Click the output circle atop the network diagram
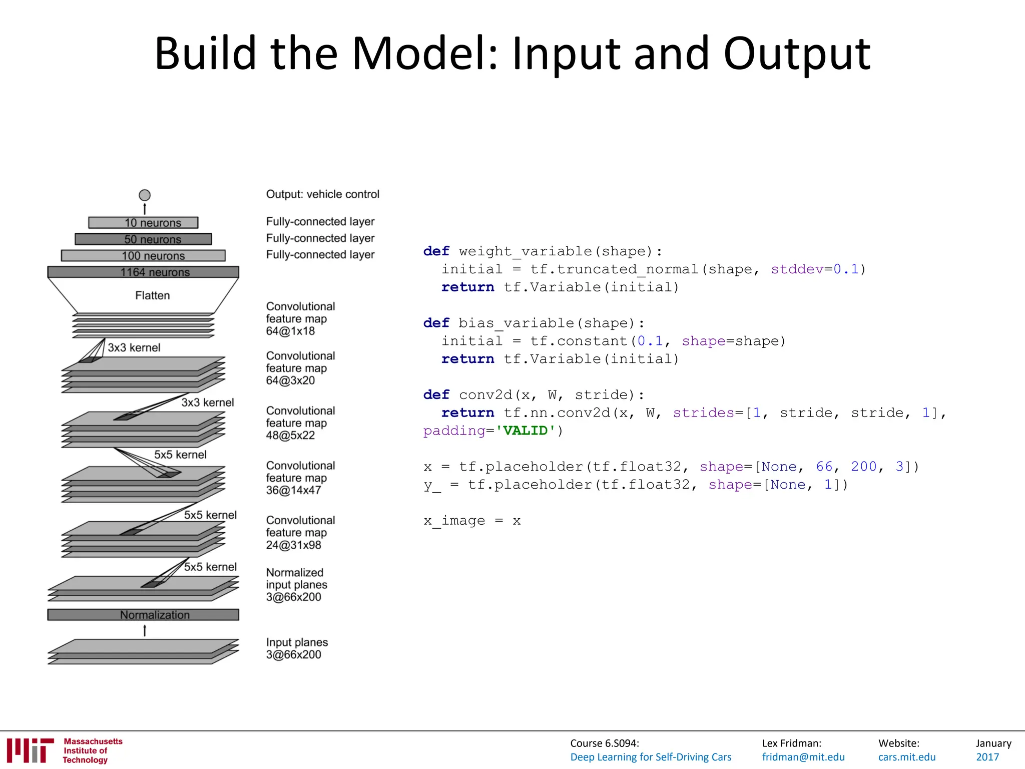point(145,195)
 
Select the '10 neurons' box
point(143,222)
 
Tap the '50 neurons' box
point(143,239)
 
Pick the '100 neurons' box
point(143,256)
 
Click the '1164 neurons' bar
point(143,272)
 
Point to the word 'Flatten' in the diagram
point(152,295)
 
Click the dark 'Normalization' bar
point(143,615)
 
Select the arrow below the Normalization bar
point(145,630)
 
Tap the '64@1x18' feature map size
point(290,331)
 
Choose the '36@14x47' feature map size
point(293,491)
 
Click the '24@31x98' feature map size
point(293,545)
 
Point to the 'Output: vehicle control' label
point(322,194)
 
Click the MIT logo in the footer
point(30,750)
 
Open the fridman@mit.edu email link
point(803,757)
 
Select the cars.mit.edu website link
point(906,757)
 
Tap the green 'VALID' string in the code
point(526,431)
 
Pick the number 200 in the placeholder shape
point(863,467)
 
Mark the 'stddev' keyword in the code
point(797,269)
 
